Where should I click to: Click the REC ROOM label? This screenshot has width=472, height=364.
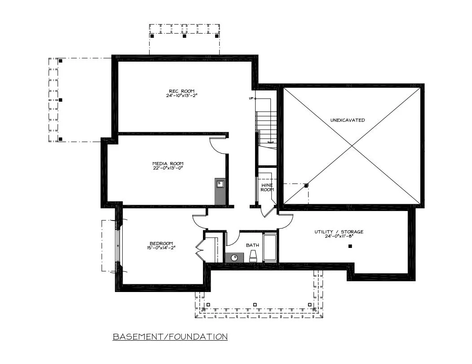(x=181, y=91)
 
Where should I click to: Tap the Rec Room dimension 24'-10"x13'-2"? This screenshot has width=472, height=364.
(x=181, y=96)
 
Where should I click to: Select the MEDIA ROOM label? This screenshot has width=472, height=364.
(x=168, y=164)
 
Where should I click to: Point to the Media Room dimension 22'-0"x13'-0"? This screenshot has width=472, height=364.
(x=168, y=168)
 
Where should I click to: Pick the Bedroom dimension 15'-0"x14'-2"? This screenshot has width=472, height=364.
(x=161, y=248)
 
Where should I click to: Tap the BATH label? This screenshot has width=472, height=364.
(x=252, y=245)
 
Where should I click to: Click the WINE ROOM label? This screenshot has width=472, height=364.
(x=267, y=187)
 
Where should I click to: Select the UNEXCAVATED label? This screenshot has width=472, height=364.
(x=348, y=120)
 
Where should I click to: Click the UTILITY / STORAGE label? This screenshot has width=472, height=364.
(x=339, y=232)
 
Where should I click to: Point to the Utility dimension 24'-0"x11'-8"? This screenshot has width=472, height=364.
(x=339, y=236)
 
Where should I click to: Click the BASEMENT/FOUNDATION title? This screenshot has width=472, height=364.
(x=170, y=337)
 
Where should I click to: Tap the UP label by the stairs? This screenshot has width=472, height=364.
(x=251, y=99)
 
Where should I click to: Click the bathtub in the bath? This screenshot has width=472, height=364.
(x=270, y=247)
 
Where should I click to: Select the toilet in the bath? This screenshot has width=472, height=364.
(x=253, y=256)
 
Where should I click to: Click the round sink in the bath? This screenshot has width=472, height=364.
(x=235, y=257)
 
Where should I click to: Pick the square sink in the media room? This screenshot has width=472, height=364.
(x=220, y=184)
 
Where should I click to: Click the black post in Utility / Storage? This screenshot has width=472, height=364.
(x=350, y=247)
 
